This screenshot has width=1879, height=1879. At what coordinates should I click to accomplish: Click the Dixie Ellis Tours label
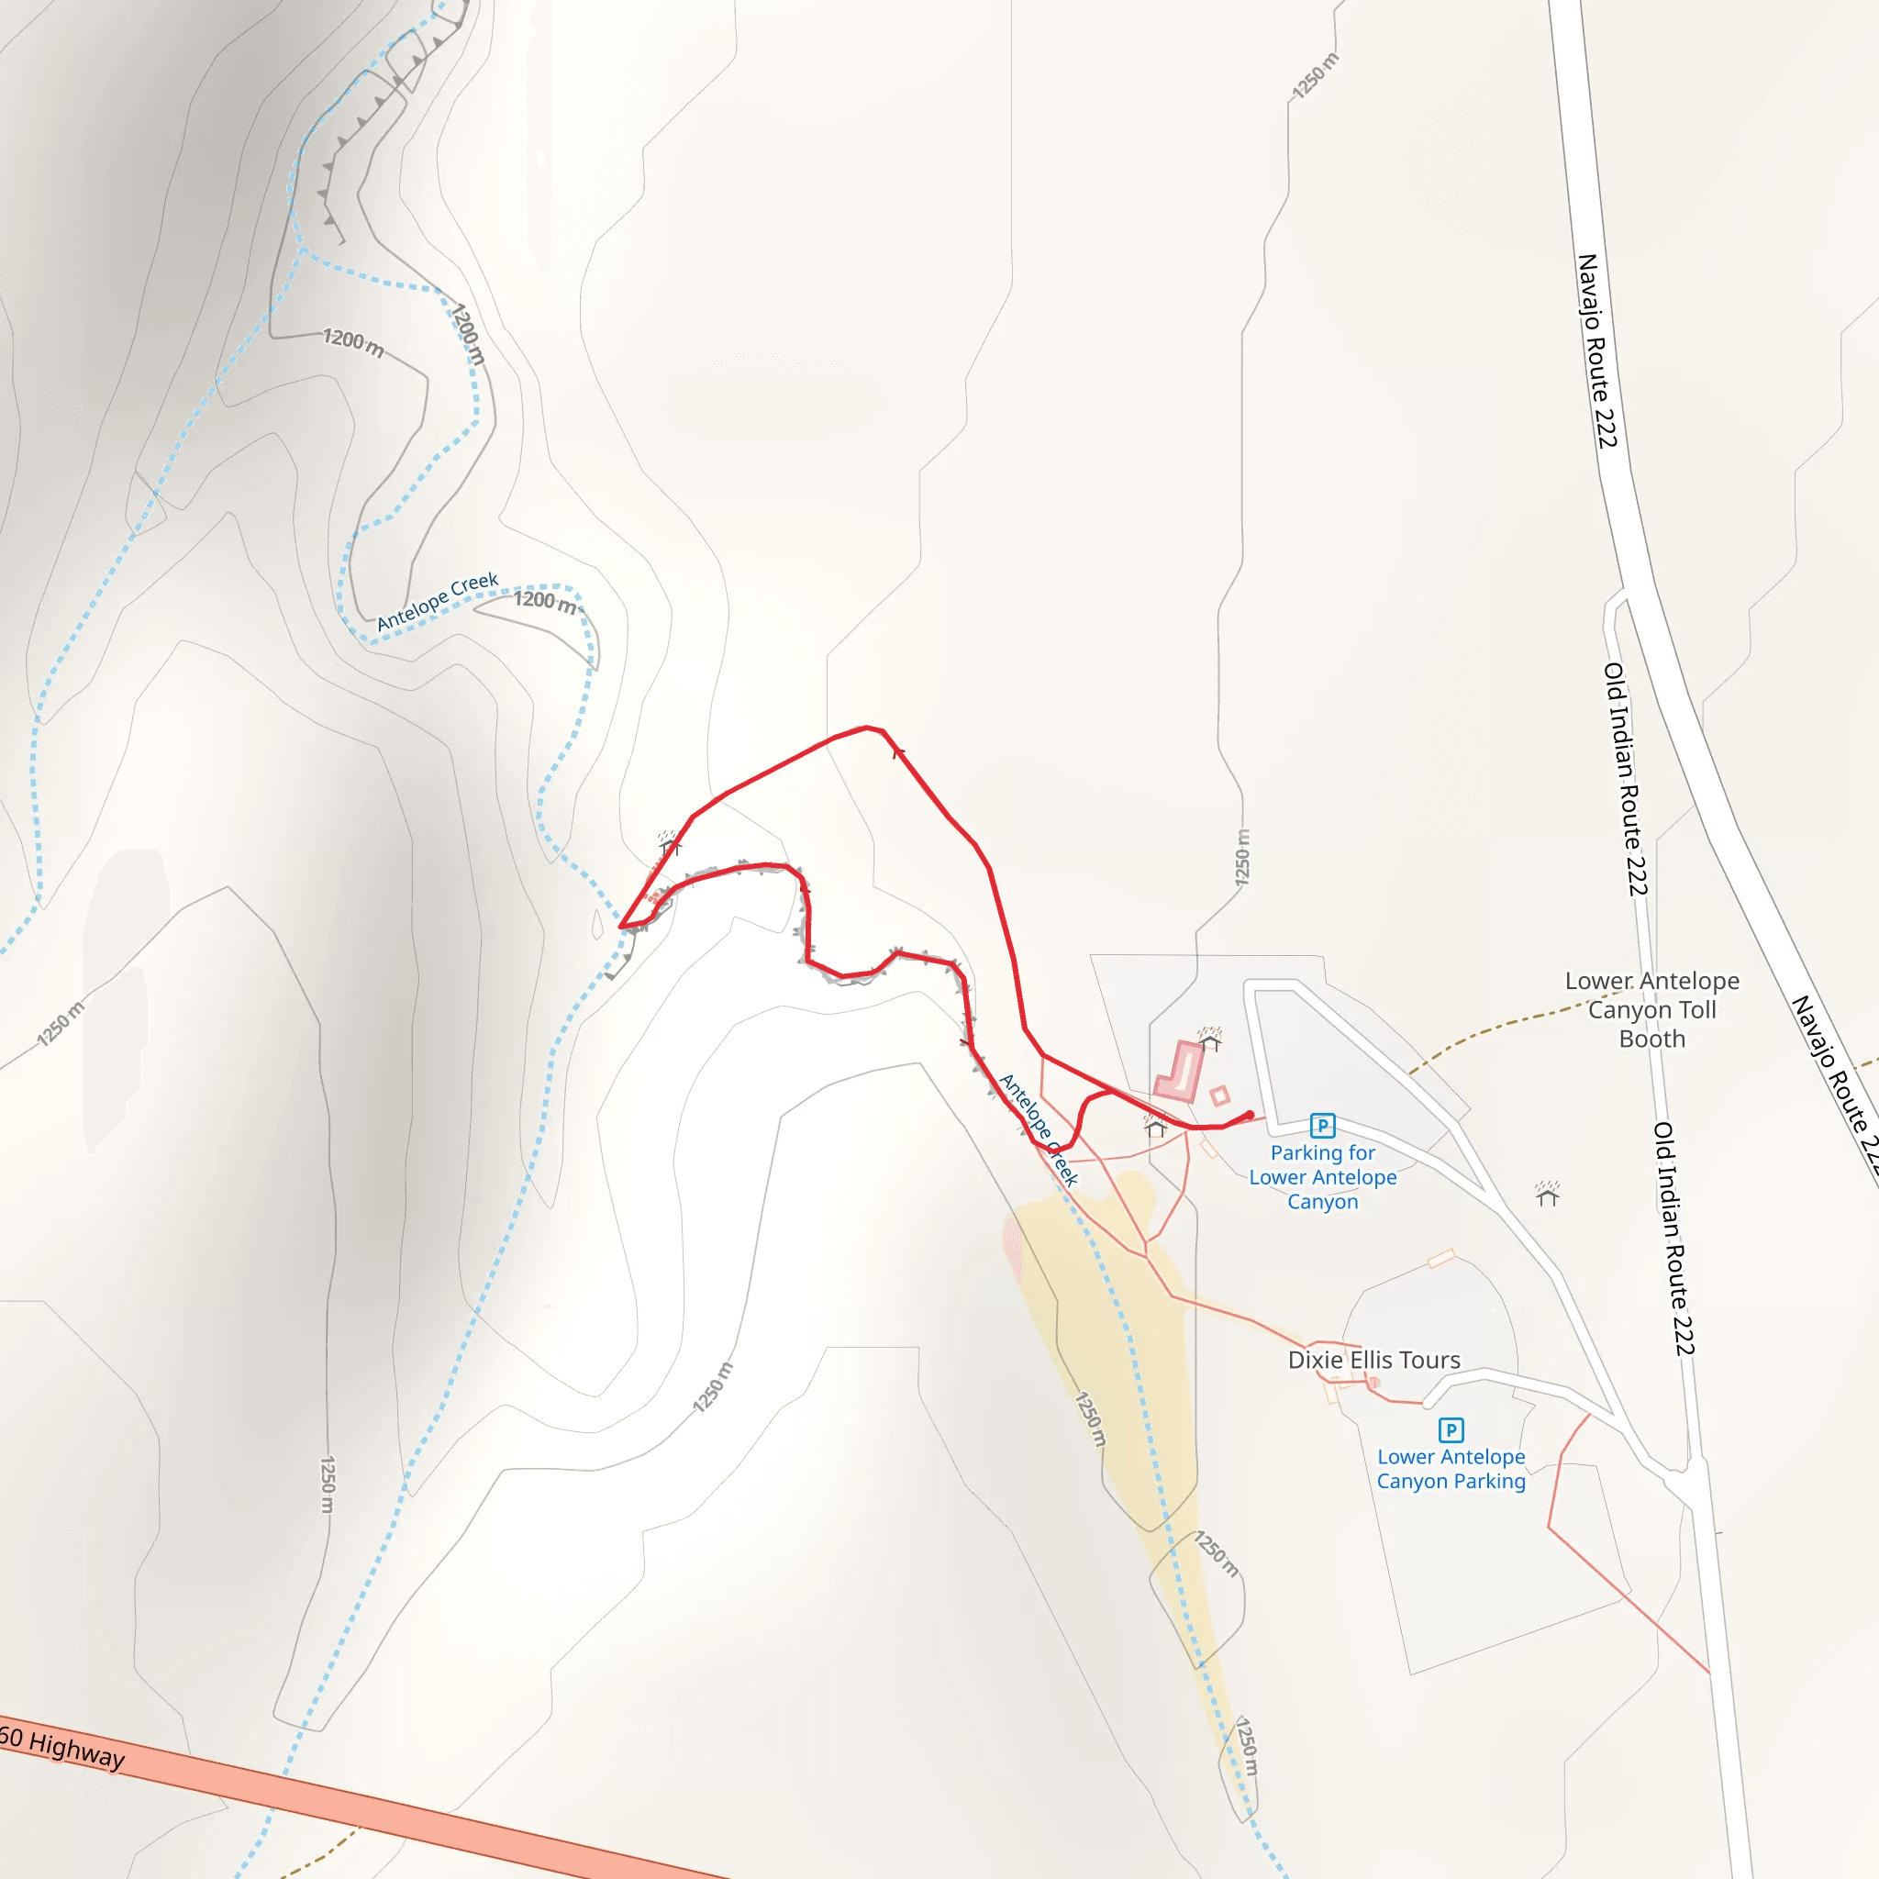[x=1373, y=1360]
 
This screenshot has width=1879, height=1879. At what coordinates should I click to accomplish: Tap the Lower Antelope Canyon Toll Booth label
[x=1651, y=1009]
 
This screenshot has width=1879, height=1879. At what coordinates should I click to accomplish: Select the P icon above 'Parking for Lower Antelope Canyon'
[x=1323, y=1125]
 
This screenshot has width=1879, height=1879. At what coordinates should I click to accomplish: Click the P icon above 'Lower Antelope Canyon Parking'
[x=1451, y=1429]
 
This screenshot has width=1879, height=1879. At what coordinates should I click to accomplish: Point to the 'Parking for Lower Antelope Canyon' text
[x=1323, y=1177]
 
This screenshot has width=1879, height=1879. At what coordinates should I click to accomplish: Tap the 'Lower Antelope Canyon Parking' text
[x=1451, y=1469]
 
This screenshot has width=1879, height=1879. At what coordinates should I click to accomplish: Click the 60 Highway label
[x=63, y=1748]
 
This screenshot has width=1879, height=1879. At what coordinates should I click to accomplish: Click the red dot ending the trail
[x=1250, y=1115]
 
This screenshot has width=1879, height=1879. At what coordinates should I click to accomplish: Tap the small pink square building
[x=1219, y=1096]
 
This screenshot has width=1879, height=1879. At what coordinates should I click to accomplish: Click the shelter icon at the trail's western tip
[x=667, y=842]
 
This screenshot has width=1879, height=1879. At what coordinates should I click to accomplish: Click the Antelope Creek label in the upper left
[x=438, y=600]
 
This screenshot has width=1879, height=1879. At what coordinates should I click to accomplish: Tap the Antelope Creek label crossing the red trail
[x=1039, y=1129]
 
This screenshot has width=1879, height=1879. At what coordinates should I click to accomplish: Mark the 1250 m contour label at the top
[x=1316, y=76]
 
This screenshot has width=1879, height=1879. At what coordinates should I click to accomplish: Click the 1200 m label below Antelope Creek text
[x=545, y=601]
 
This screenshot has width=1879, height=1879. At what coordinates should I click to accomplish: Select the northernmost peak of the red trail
[x=868, y=727]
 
